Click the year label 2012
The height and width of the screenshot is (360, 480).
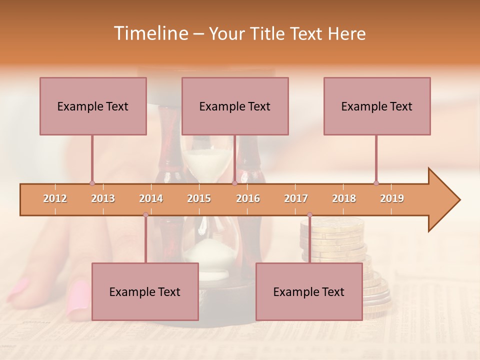55,198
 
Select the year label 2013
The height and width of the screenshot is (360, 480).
103,198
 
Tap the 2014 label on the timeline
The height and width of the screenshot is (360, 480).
151,198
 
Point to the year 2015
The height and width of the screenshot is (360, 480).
199,198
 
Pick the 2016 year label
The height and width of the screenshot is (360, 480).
248,198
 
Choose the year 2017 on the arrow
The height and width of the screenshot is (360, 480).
296,198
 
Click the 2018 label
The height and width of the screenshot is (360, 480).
344,198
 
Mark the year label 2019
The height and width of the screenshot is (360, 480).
392,198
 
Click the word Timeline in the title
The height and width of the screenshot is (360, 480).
150,33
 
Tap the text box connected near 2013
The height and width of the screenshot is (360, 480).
93,106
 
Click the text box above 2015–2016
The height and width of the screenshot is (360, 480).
235,106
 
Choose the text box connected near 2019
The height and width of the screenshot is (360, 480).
377,106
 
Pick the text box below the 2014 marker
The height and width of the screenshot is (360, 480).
145,291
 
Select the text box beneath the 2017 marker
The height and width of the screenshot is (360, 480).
309,291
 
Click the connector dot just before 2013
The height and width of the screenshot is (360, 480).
92,183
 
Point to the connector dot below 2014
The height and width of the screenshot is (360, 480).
145,214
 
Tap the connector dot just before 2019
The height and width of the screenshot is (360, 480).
376,183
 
